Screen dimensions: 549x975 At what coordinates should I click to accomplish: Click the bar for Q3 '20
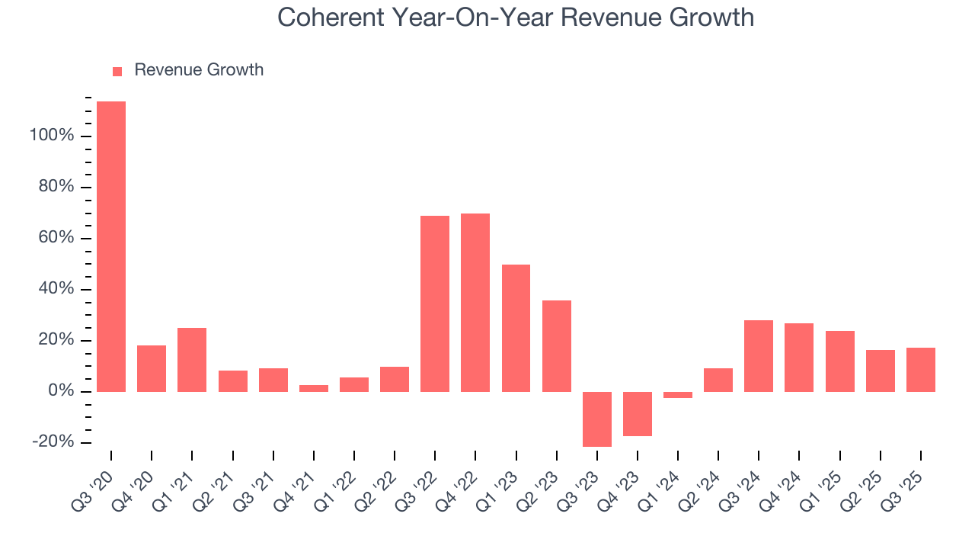coord(111,246)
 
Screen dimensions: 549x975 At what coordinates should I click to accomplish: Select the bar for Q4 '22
coord(475,303)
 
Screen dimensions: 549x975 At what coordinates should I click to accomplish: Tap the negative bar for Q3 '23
coord(597,419)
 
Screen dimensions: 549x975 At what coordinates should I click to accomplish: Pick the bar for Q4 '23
coord(638,414)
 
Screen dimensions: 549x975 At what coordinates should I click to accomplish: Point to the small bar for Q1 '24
coord(678,395)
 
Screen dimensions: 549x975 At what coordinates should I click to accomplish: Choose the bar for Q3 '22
coord(435,303)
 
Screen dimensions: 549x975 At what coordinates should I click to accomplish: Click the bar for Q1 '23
coord(516,328)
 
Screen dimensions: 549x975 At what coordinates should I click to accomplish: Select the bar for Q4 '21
coord(314,388)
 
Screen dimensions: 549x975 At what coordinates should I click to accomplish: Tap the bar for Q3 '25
coord(920,370)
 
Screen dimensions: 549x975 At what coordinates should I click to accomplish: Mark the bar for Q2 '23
coord(557,346)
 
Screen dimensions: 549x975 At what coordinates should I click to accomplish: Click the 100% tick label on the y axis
coord(52,136)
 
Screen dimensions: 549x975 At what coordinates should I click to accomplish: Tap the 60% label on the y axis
coord(56,239)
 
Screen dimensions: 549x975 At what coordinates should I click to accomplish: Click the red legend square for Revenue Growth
coord(117,71)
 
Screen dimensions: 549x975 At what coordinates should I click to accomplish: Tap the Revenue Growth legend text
coord(199,70)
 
